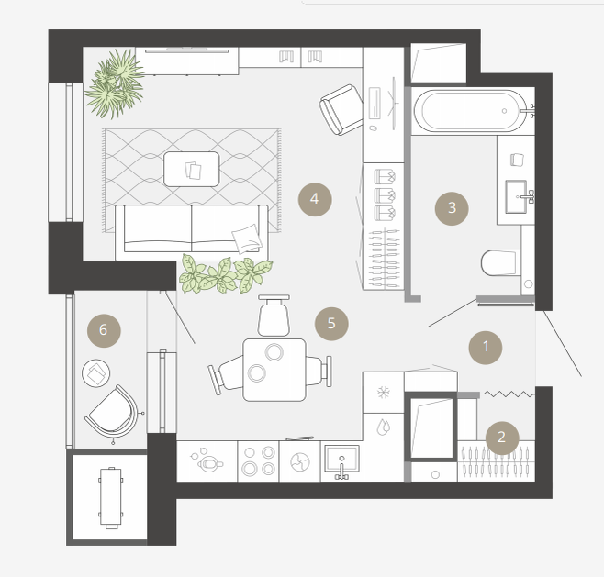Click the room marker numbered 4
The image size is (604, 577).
[x=315, y=199]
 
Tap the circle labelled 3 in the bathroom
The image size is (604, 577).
[x=452, y=208]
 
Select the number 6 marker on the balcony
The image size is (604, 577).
[x=104, y=330]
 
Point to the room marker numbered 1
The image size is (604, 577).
[x=486, y=347]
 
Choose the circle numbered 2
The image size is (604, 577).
[x=502, y=438]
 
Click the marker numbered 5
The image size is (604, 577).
[x=331, y=324]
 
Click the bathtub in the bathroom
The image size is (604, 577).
[x=470, y=111]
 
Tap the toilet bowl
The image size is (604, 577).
[x=498, y=262]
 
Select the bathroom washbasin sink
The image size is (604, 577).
[x=516, y=196]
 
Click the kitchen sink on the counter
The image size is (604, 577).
[x=341, y=459]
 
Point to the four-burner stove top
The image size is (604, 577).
[x=258, y=460]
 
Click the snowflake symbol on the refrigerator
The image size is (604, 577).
[x=384, y=393]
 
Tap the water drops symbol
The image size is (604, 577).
[x=384, y=427]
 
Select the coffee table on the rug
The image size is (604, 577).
[x=192, y=169]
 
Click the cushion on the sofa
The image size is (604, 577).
[x=247, y=239]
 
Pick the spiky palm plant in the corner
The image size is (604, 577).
[x=115, y=83]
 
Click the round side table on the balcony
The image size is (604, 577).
[x=95, y=373]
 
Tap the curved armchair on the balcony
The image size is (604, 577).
[x=113, y=414]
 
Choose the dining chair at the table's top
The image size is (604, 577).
[x=274, y=316]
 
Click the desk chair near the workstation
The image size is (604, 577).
[x=341, y=110]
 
